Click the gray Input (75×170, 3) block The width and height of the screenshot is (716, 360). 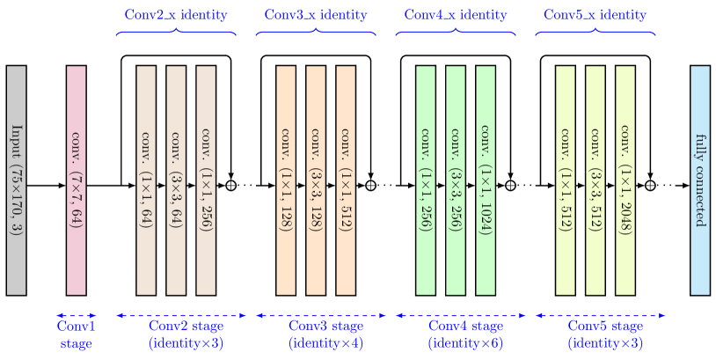pos(16,180)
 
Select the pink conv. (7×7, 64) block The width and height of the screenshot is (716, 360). pos(77,180)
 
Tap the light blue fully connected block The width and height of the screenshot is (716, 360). pos(700,180)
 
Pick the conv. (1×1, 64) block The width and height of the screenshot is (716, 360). pos(146,180)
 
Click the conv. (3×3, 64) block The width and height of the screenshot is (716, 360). pos(176,180)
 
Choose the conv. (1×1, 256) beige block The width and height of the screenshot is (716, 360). pos(206,180)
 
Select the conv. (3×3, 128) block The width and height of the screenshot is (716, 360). pos(316,180)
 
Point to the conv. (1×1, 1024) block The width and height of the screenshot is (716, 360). pos(486,180)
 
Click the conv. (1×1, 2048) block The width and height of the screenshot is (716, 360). pos(625,180)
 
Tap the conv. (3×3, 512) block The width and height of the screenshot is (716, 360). pos(595,180)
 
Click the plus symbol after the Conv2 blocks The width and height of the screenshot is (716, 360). pos(231,185)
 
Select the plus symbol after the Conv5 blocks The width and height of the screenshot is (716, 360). pos(651,185)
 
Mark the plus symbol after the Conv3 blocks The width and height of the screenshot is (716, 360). pos(371,185)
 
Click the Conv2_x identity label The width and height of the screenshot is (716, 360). pos(176,15)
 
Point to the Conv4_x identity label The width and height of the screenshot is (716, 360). pos(456,15)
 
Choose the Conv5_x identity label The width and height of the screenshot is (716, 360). pos(595,15)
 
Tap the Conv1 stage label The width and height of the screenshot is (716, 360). pos(76,334)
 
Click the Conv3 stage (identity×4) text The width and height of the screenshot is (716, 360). pos(326,334)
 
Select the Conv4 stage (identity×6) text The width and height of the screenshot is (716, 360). pos(465,334)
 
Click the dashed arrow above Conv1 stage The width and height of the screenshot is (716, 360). pos(76,314)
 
